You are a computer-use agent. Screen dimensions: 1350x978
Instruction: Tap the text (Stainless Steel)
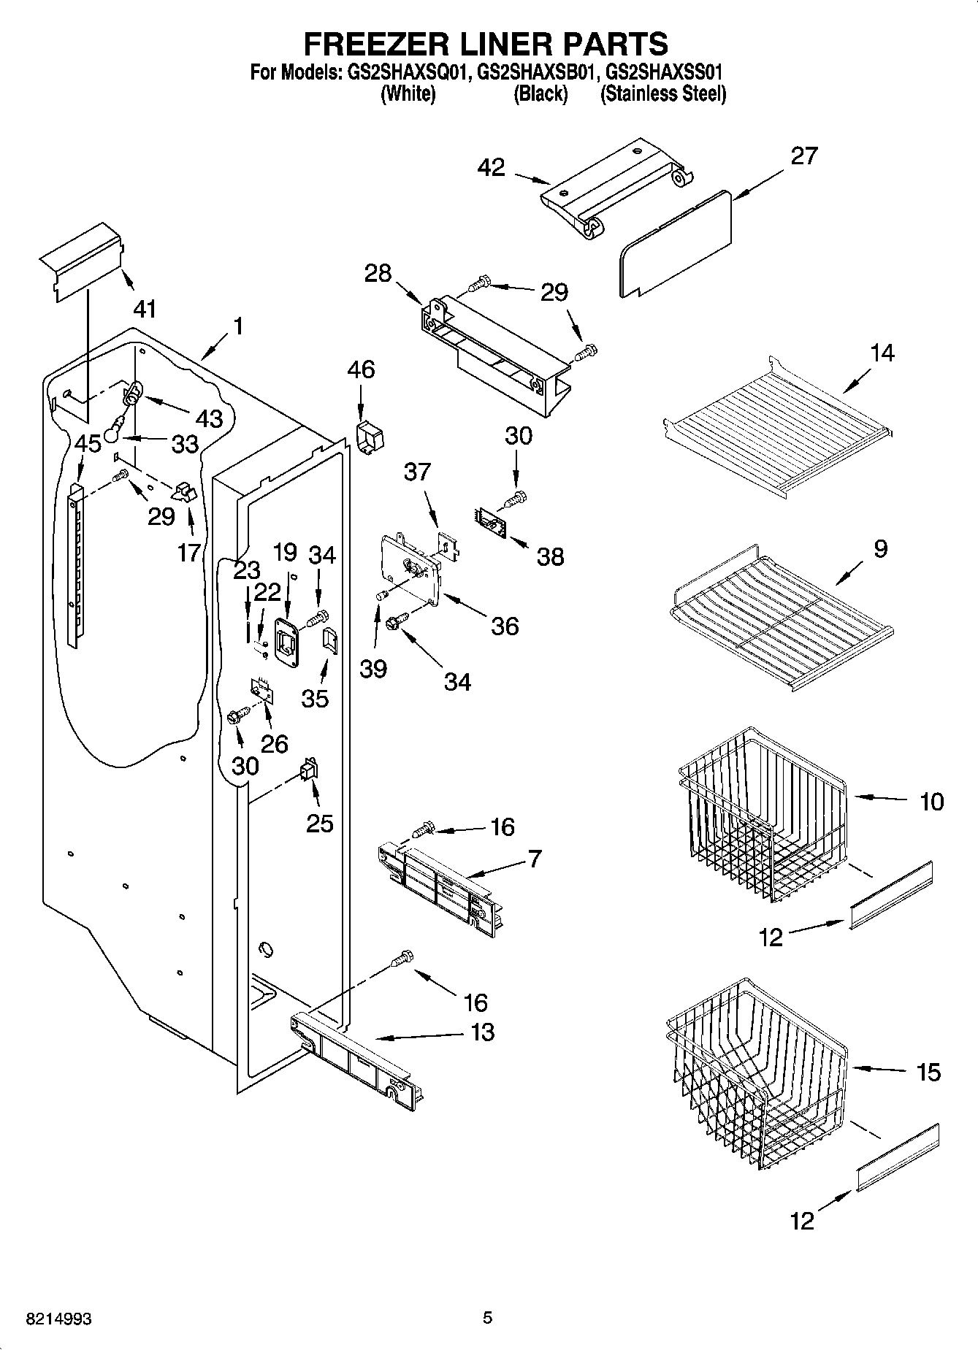[x=662, y=93]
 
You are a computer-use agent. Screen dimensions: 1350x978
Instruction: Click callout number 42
[x=491, y=167]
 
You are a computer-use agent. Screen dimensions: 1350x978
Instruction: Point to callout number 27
[x=803, y=156]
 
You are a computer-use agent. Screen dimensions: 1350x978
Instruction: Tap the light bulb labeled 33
[x=111, y=432]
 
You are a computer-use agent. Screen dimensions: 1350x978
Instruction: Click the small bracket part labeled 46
[x=371, y=437]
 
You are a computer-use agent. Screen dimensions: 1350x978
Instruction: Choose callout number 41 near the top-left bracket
[x=145, y=309]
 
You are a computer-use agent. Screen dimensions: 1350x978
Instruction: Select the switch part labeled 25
[x=310, y=770]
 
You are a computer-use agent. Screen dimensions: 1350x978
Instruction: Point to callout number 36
[x=505, y=626]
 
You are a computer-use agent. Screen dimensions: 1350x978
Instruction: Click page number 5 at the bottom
[x=488, y=1317]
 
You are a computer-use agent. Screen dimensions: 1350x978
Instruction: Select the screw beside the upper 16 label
[x=422, y=829]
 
